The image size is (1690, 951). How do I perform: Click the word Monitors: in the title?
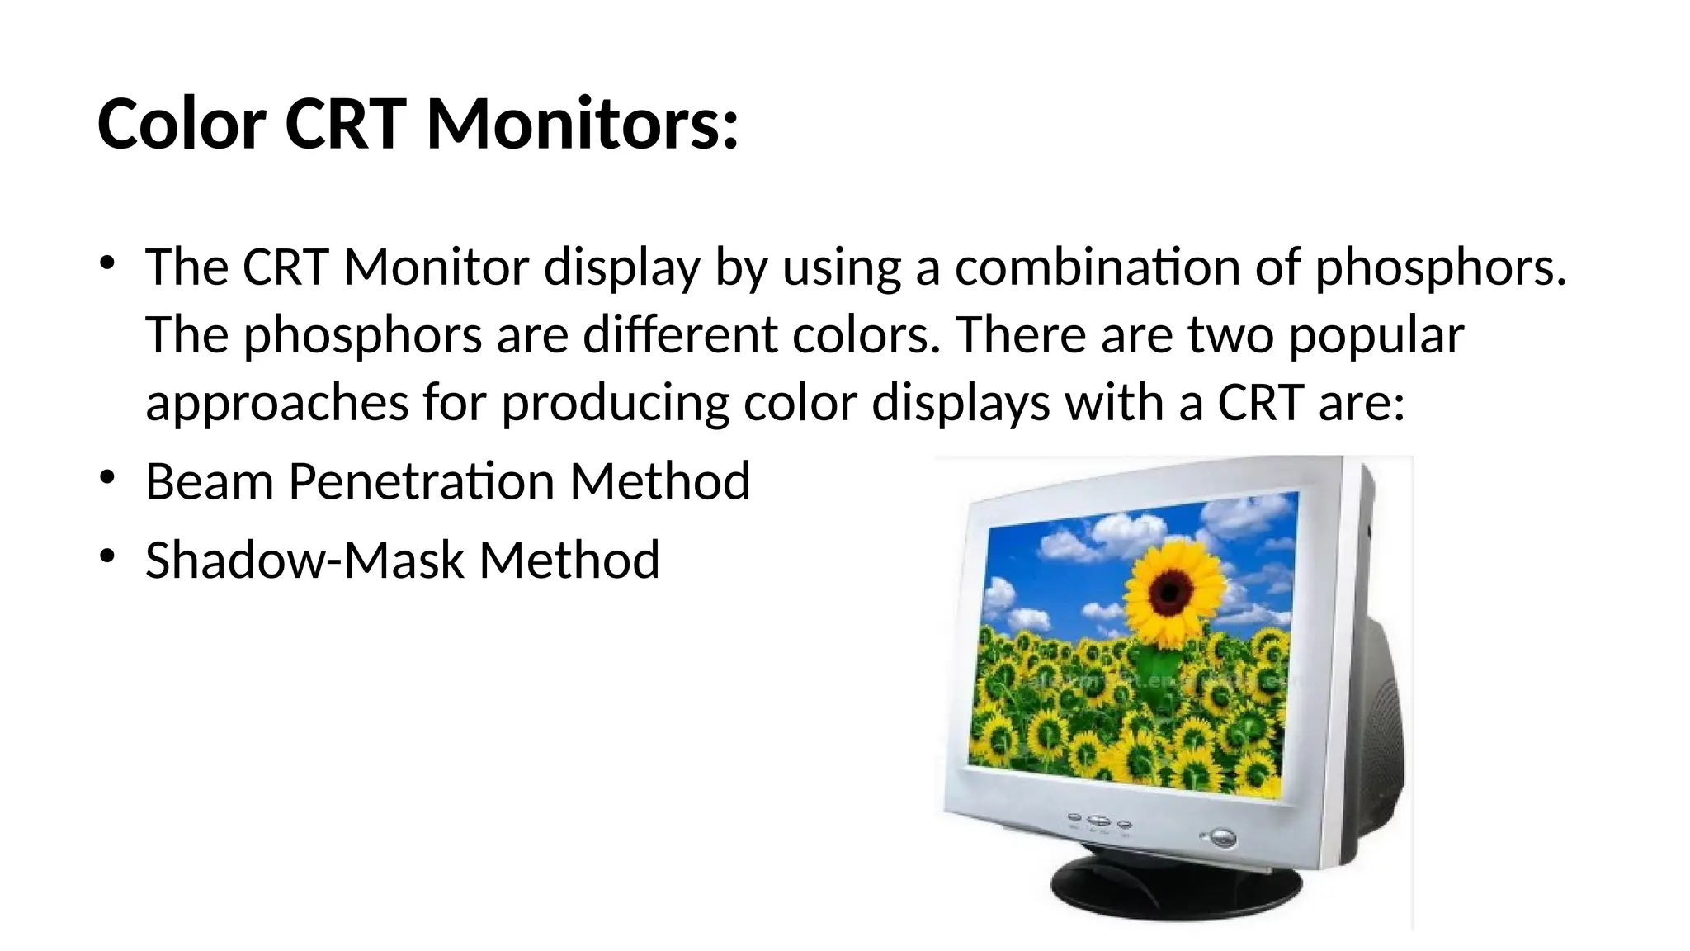pos(582,124)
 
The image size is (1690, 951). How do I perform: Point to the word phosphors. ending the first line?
pos(1440,269)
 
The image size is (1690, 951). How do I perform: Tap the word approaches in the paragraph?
pos(276,405)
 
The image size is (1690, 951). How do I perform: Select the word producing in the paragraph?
pos(615,405)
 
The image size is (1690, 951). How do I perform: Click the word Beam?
pos(209,481)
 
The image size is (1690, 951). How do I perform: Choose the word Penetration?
pos(421,481)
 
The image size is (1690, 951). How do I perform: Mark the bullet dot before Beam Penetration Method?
pos(107,478)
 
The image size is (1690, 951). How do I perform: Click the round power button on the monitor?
pos(1222,839)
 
